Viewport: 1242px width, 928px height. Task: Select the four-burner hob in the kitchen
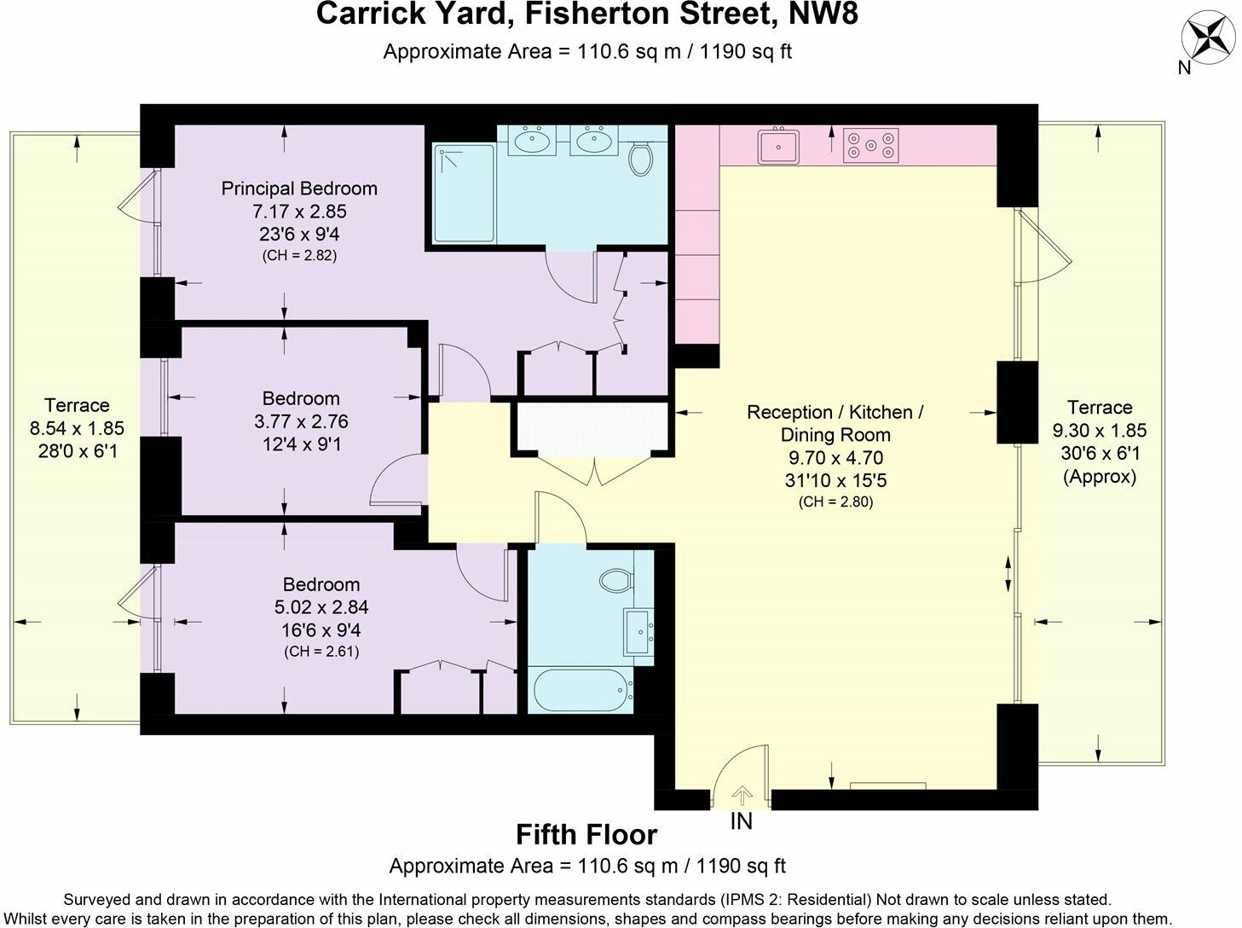[870, 145]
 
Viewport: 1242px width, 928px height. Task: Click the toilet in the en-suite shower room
[640, 157]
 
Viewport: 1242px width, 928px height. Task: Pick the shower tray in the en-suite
[464, 194]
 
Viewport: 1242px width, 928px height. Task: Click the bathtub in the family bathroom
[581, 690]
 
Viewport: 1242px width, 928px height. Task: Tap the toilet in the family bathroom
[615, 581]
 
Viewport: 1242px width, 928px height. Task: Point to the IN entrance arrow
[742, 797]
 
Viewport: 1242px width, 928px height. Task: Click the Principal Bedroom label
[298, 188]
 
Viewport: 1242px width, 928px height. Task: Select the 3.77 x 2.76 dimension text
[301, 421]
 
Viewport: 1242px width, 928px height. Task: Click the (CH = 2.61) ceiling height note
[321, 652]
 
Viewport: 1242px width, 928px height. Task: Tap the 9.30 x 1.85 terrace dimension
[1100, 431]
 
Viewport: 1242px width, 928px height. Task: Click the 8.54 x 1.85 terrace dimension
[77, 428]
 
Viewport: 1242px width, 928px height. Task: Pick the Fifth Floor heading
[586, 834]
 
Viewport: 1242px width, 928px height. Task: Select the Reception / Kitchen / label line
[835, 412]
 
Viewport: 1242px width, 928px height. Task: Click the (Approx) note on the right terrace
[1100, 477]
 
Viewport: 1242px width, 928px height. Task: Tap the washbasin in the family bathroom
[637, 632]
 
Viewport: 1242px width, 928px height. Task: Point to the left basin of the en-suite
[534, 141]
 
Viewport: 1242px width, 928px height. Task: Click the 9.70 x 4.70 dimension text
[835, 458]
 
